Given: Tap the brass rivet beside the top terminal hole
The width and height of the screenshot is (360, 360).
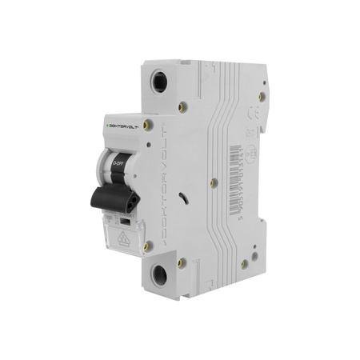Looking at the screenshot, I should tap(182, 104).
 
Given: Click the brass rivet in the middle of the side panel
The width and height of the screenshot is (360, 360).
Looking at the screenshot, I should tap(214, 182).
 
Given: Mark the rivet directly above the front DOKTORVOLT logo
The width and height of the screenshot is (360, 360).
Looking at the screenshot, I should tap(145, 110).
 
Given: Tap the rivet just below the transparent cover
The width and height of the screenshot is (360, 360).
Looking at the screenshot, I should tap(145, 247).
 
